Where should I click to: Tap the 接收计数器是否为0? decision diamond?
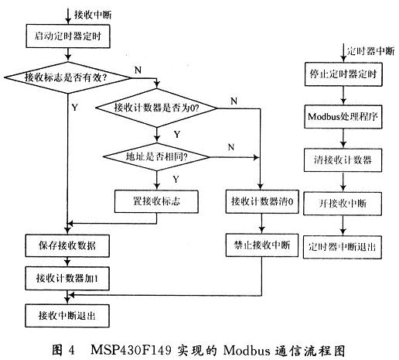tap(156, 108)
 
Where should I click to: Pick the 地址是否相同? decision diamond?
tap(157, 157)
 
